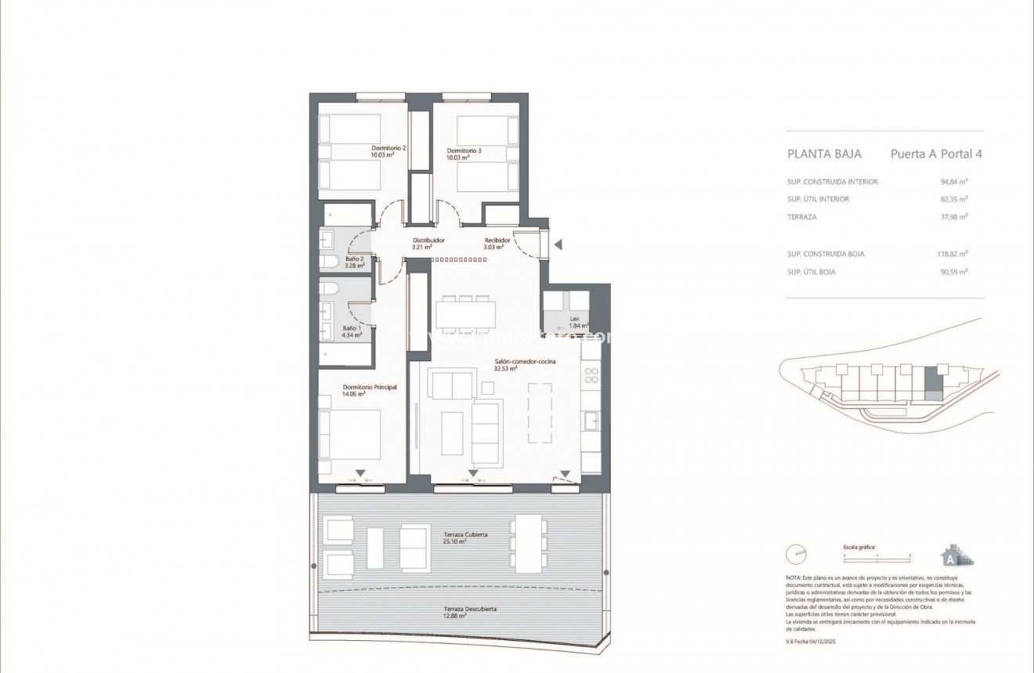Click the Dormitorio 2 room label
(x=388, y=147)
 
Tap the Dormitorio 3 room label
(x=465, y=150)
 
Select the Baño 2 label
(x=354, y=258)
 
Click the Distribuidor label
(x=428, y=241)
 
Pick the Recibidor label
(x=497, y=241)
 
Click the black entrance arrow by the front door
(x=558, y=245)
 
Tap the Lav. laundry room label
(x=575, y=319)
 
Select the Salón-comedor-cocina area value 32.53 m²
(x=505, y=368)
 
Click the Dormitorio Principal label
(x=370, y=387)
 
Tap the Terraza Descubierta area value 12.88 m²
(x=454, y=616)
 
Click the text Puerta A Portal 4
(x=936, y=154)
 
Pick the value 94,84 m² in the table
(x=954, y=182)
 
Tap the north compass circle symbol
(x=797, y=555)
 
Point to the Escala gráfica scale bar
(x=877, y=555)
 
